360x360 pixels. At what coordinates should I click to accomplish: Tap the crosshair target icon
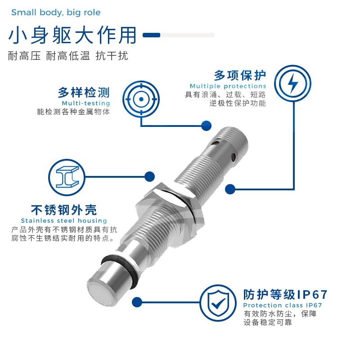141,99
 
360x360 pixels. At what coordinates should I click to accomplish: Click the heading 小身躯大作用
72,36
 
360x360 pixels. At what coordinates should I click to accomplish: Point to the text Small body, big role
56,13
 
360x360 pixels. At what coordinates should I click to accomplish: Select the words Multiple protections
228,86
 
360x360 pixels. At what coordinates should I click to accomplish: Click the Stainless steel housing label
64,220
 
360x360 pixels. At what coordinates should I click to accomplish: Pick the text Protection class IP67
283,306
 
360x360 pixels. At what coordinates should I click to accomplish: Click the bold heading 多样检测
84,93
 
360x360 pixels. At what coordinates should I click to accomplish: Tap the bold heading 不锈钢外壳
63,210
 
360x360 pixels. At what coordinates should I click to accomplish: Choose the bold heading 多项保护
240,75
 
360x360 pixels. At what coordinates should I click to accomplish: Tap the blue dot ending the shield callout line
137,302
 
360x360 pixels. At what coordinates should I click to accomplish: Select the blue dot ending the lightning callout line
230,189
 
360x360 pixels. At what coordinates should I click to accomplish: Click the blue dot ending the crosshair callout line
206,126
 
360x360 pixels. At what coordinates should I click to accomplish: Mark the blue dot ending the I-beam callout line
149,177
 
